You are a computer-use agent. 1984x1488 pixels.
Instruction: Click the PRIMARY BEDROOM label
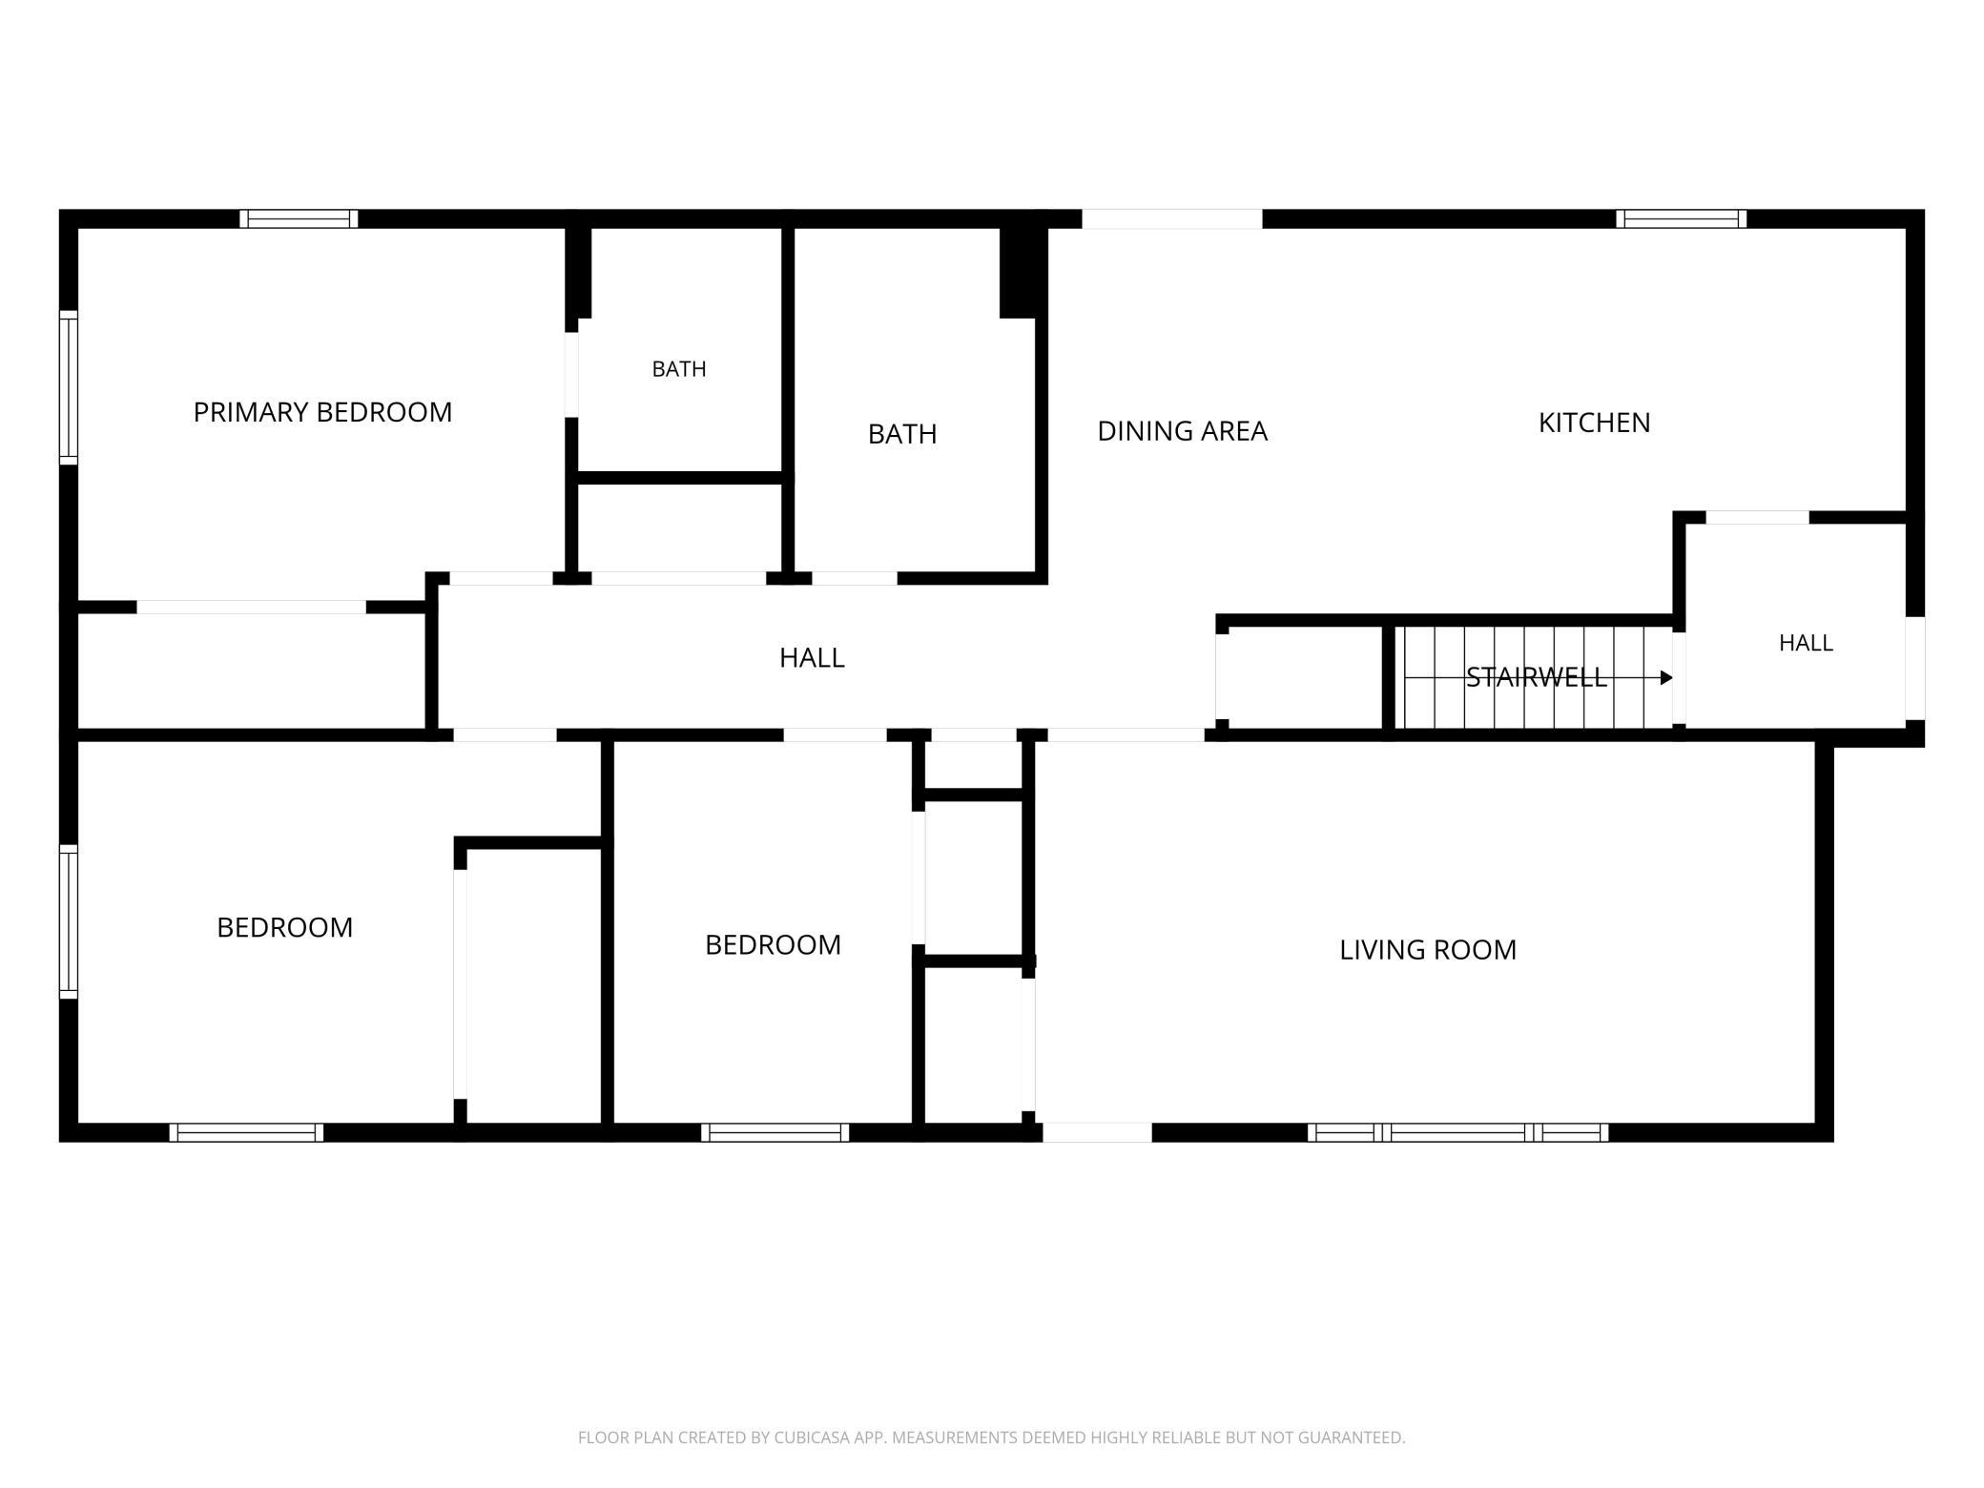tap(322, 412)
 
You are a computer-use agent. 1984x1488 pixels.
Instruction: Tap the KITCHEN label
tap(1594, 423)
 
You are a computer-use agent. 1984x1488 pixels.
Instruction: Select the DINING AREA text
tap(1182, 431)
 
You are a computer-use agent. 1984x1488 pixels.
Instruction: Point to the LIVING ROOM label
tap(1427, 950)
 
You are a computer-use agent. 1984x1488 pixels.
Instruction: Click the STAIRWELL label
tap(1536, 677)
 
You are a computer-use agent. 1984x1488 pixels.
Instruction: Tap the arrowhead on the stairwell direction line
tap(1666, 678)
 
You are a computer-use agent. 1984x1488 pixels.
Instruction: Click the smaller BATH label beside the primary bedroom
tap(679, 369)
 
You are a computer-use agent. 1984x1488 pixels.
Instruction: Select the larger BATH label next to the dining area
tap(902, 434)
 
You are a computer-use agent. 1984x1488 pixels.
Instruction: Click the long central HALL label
tap(812, 658)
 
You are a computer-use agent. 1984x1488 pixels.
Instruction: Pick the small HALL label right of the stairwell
tap(1806, 643)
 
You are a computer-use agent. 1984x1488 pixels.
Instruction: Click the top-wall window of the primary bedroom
tap(299, 218)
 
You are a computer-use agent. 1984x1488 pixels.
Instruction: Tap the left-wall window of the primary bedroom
tap(69, 387)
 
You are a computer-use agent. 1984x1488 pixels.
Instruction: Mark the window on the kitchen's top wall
tap(1681, 218)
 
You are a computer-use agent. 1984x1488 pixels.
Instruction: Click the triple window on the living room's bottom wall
tap(1457, 1132)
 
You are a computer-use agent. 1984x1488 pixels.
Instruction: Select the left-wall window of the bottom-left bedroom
tap(69, 921)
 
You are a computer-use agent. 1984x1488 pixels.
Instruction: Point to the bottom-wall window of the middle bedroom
tap(775, 1132)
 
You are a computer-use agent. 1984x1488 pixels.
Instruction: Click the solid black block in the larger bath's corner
tap(1018, 272)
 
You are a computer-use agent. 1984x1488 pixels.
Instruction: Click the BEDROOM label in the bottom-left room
tap(285, 927)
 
